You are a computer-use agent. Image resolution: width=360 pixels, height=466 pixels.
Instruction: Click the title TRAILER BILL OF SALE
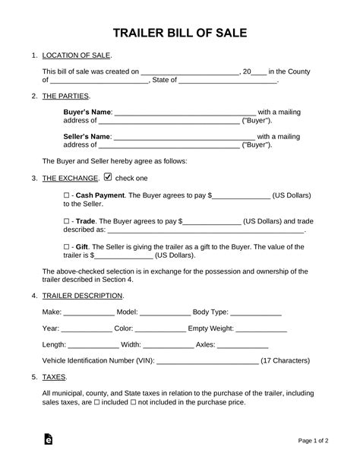(x=179, y=33)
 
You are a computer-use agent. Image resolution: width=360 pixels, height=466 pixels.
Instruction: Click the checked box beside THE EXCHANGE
(x=107, y=178)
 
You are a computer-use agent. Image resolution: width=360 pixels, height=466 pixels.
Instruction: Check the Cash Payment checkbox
(x=66, y=195)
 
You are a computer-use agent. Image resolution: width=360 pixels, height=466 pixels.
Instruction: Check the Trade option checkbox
(x=66, y=221)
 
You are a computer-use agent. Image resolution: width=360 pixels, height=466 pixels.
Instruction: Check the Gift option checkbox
(x=66, y=247)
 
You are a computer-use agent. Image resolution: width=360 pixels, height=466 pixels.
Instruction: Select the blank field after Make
(x=89, y=312)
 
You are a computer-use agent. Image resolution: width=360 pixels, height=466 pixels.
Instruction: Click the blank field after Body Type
(x=256, y=312)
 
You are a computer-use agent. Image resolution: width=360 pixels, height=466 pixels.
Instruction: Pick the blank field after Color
(x=160, y=330)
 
